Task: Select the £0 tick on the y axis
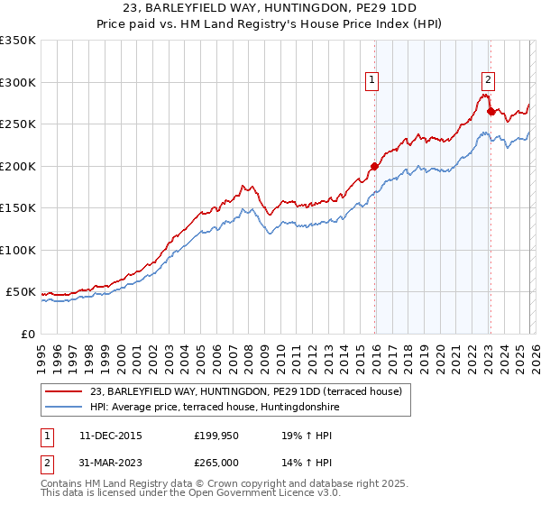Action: coord(27,334)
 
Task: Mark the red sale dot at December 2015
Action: coord(374,166)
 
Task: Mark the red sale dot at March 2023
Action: coord(491,111)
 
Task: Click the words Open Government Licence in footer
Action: coord(258,493)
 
